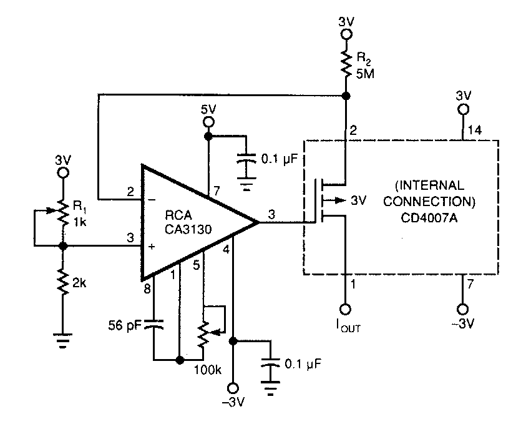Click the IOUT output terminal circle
click(x=344, y=308)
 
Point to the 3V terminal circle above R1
click(x=63, y=173)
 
